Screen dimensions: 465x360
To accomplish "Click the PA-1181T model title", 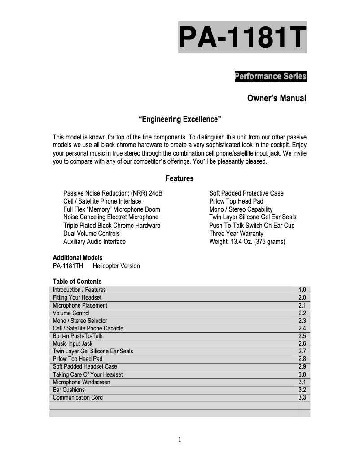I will click(x=242, y=38).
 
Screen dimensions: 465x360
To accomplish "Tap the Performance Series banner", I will click(x=270, y=76).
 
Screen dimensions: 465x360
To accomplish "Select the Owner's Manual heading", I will click(x=277, y=98).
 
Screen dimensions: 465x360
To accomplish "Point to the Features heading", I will click(x=180, y=178).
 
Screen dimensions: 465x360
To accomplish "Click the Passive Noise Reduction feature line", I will click(x=113, y=193).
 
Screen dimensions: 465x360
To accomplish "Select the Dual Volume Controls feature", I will click(x=92, y=234).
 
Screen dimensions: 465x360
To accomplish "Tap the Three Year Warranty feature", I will click(x=236, y=234).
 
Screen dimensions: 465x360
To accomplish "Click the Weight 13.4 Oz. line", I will click(x=247, y=242).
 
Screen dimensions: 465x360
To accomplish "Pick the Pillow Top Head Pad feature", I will click(x=236, y=201).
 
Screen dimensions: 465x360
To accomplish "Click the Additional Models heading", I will click(x=78, y=258).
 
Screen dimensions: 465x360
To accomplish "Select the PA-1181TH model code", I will click(x=68, y=266).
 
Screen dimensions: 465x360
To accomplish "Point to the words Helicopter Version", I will click(x=116, y=266).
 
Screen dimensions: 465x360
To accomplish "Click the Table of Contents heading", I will click(x=77, y=282).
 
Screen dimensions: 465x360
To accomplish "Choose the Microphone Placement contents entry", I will click(x=80, y=305).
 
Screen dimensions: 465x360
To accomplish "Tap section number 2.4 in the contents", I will click(x=302, y=328).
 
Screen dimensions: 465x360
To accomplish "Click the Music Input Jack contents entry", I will click(x=73, y=343).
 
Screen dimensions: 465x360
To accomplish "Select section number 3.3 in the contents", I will click(x=302, y=397).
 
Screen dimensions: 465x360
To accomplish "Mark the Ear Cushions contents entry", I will click(x=69, y=390).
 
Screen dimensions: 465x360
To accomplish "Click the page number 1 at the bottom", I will click(x=180, y=439).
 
